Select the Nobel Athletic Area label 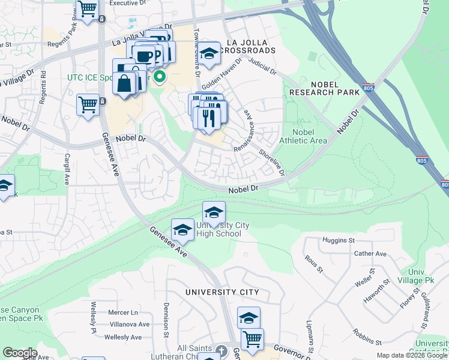pyautogui.click(x=310, y=136)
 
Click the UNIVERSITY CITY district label pyautogui.click(x=222, y=292)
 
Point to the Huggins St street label pyautogui.click(x=338, y=241)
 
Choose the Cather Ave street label pyautogui.click(x=372, y=254)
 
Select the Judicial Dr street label pyautogui.click(x=262, y=66)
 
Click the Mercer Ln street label pyautogui.click(x=122, y=313)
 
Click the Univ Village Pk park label pyautogui.click(x=420, y=276)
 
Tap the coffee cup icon pyautogui.click(x=144, y=56)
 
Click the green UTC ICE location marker pyautogui.click(x=160, y=77)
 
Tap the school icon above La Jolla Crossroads pyautogui.click(x=209, y=53)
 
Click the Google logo pyautogui.click(x=20, y=353)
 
